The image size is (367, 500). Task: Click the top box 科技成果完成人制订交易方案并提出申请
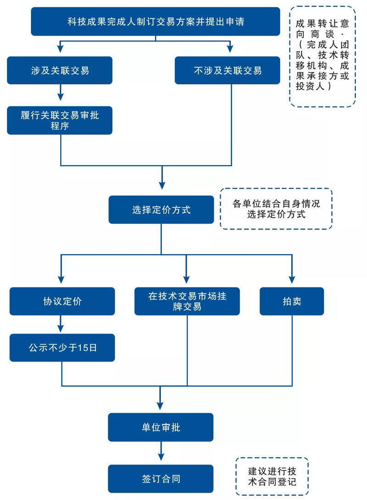tap(156, 22)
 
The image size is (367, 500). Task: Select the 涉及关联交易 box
tap(60, 70)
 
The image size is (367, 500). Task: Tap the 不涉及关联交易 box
tap(228, 70)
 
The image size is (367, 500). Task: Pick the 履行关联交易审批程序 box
tap(60, 121)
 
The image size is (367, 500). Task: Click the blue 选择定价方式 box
tap(161, 210)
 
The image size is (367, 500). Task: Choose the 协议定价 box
tap(62, 301)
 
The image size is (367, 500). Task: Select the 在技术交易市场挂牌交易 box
tap(187, 301)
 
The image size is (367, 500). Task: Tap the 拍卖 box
tap(292, 301)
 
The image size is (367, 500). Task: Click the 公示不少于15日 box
tap(62, 348)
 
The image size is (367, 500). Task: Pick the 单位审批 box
tap(161, 427)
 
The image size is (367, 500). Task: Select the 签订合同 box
tap(161, 479)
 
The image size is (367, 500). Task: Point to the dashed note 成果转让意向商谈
tap(323, 56)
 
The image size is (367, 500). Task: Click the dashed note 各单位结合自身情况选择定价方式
tap(276, 209)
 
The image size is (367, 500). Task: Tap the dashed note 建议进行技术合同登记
tap(272, 477)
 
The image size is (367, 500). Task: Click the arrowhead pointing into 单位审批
tap(161, 405)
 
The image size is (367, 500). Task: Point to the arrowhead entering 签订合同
tap(161, 456)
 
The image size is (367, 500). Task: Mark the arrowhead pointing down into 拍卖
tap(292, 279)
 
